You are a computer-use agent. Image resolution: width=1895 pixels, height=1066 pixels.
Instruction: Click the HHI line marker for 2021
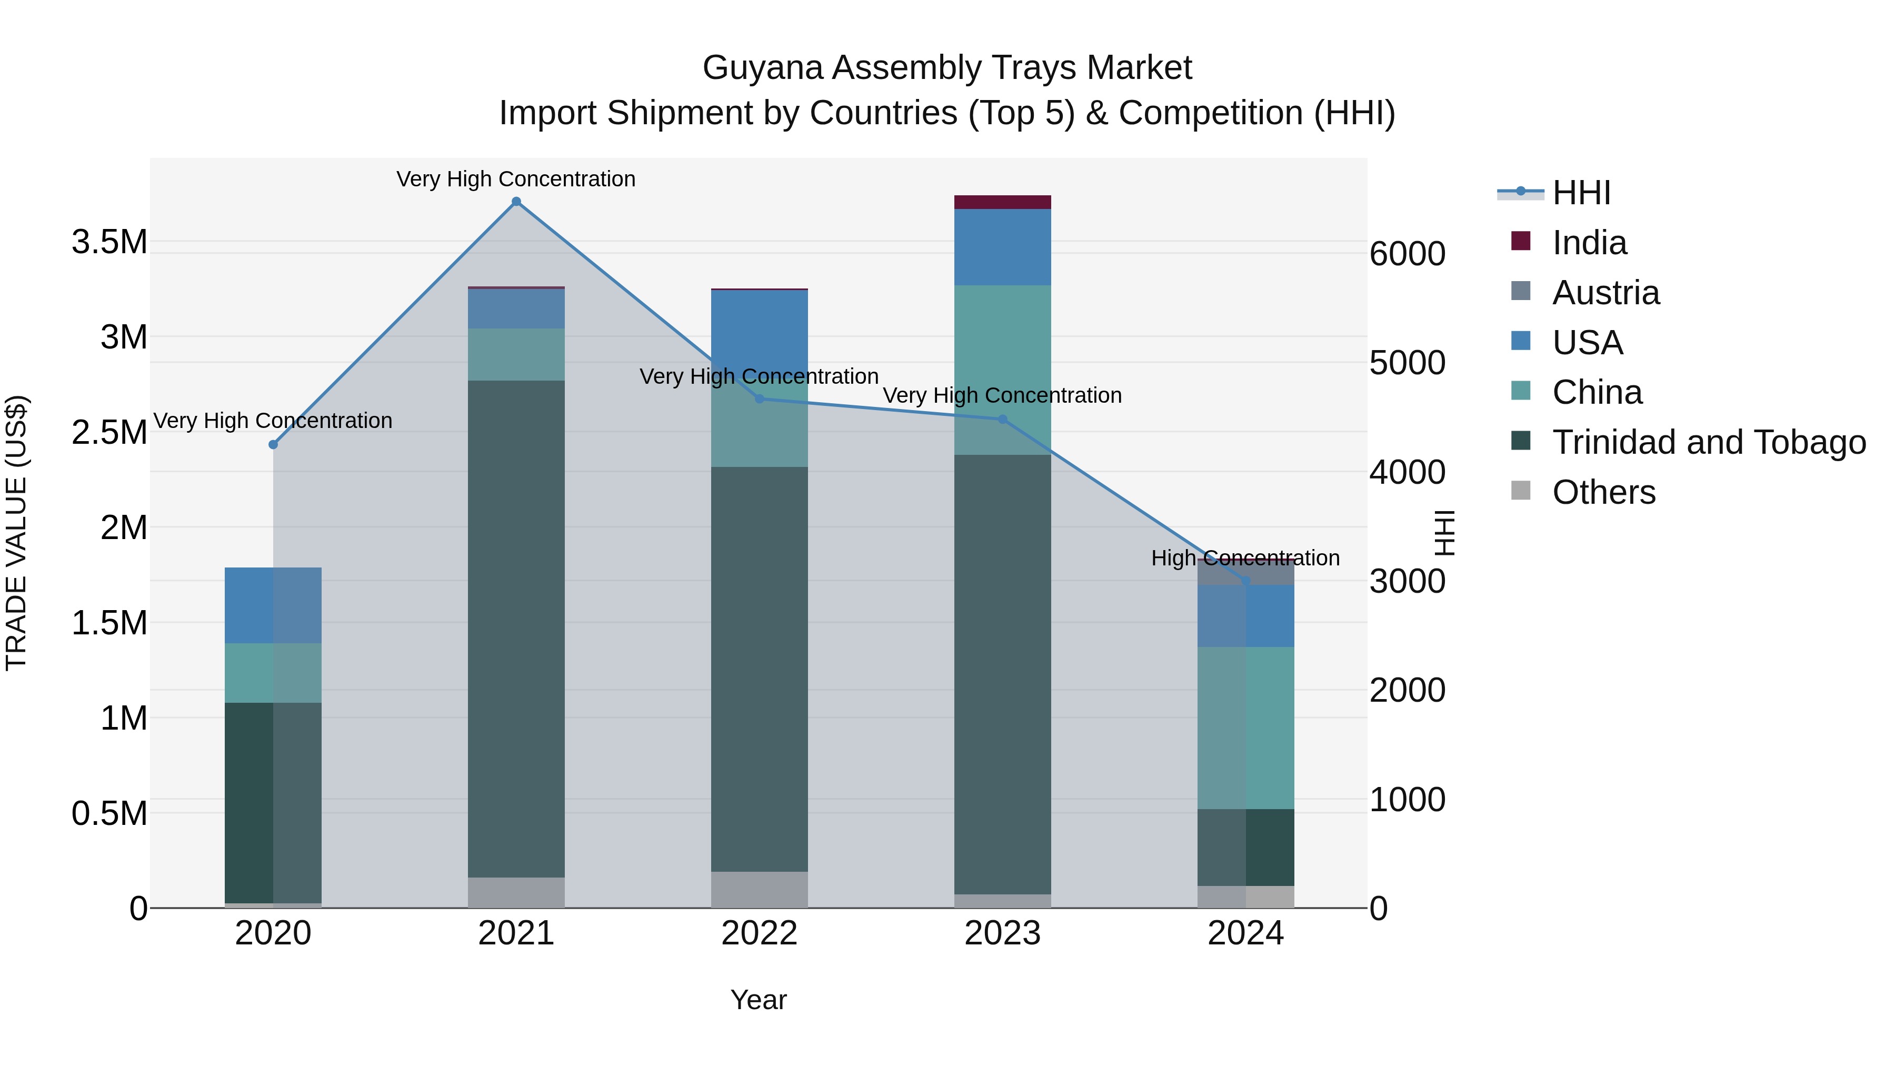pyautogui.click(x=516, y=202)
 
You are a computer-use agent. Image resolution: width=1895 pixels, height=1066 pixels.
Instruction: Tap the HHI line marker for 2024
pyautogui.click(x=1245, y=581)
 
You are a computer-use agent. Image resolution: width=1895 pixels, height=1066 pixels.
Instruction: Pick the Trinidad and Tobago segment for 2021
pyautogui.click(x=516, y=629)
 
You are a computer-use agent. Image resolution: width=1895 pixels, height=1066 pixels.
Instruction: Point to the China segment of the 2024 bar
pyautogui.click(x=1245, y=729)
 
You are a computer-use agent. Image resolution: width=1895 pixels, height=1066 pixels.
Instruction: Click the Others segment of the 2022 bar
pyautogui.click(x=759, y=890)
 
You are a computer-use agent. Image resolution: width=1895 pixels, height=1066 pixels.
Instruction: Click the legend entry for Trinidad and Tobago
pyautogui.click(x=1708, y=442)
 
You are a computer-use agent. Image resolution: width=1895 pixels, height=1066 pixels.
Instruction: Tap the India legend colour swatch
pyautogui.click(x=1521, y=241)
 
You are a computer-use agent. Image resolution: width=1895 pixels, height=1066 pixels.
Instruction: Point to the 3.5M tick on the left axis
pyautogui.click(x=109, y=242)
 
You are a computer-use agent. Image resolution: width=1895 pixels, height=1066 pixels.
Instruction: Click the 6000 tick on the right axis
pyautogui.click(x=1407, y=254)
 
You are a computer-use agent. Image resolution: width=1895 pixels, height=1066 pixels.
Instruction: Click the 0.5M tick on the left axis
pyautogui.click(x=109, y=814)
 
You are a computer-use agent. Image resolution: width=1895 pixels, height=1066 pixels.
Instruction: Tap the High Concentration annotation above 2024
pyautogui.click(x=1245, y=559)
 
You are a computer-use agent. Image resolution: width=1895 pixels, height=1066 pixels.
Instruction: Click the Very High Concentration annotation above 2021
pyautogui.click(x=516, y=179)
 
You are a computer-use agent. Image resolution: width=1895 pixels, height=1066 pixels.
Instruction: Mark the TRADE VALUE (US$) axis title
pyautogui.click(x=16, y=533)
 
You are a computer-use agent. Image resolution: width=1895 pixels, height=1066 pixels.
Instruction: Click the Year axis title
pyautogui.click(x=759, y=1000)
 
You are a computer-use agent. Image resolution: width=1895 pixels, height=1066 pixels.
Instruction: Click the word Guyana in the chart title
pyautogui.click(x=762, y=68)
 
